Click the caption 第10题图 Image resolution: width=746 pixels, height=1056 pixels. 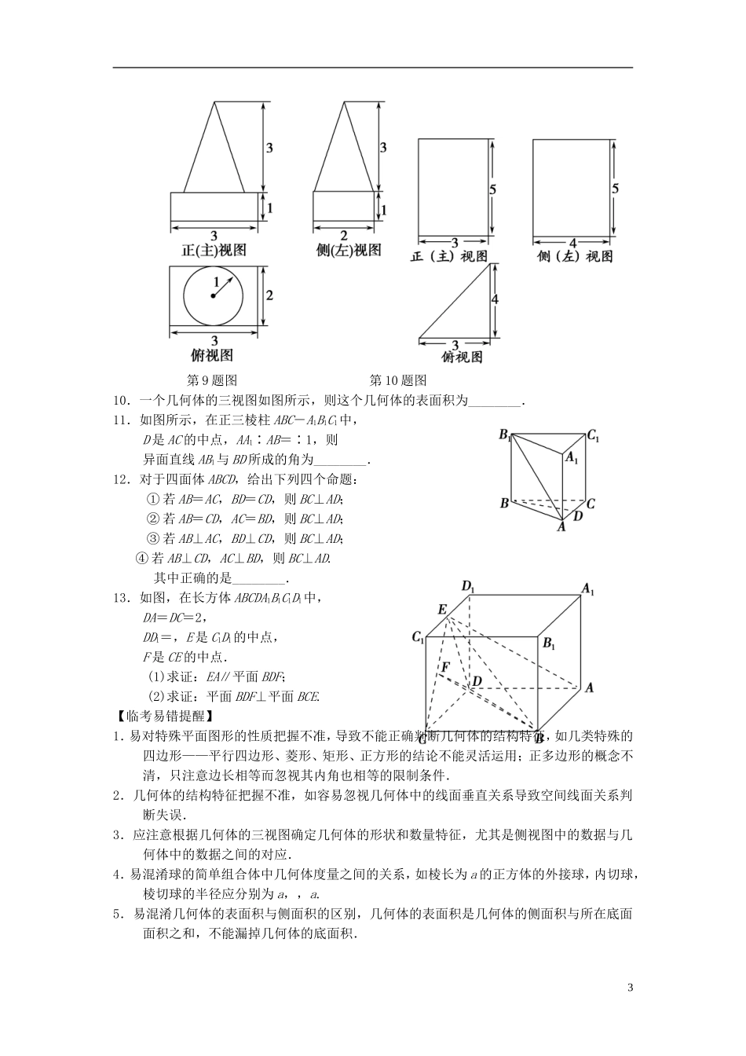[x=397, y=380]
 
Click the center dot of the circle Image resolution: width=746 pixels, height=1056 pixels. [x=213, y=296]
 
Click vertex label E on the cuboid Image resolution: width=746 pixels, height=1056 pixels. [x=442, y=610]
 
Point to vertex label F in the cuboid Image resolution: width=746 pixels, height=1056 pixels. [x=444, y=667]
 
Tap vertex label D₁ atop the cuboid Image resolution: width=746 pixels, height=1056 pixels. [x=469, y=585]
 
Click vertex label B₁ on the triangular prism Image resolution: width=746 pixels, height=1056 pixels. [x=506, y=435]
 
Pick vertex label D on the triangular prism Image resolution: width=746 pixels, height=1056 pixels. [x=578, y=516]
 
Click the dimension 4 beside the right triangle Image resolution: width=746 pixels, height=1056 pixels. [x=495, y=299]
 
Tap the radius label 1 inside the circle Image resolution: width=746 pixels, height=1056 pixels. [x=217, y=280]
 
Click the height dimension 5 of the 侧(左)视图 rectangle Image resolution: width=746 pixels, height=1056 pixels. [x=615, y=189]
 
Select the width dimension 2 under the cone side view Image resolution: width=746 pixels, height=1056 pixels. [x=343, y=235]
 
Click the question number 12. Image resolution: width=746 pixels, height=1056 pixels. [x=121, y=479]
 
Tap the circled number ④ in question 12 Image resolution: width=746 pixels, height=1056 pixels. [x=141, y=559]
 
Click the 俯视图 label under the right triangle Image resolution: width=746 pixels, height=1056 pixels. [x=462, y=357]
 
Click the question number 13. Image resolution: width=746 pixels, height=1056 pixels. [x=121, y=598]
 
